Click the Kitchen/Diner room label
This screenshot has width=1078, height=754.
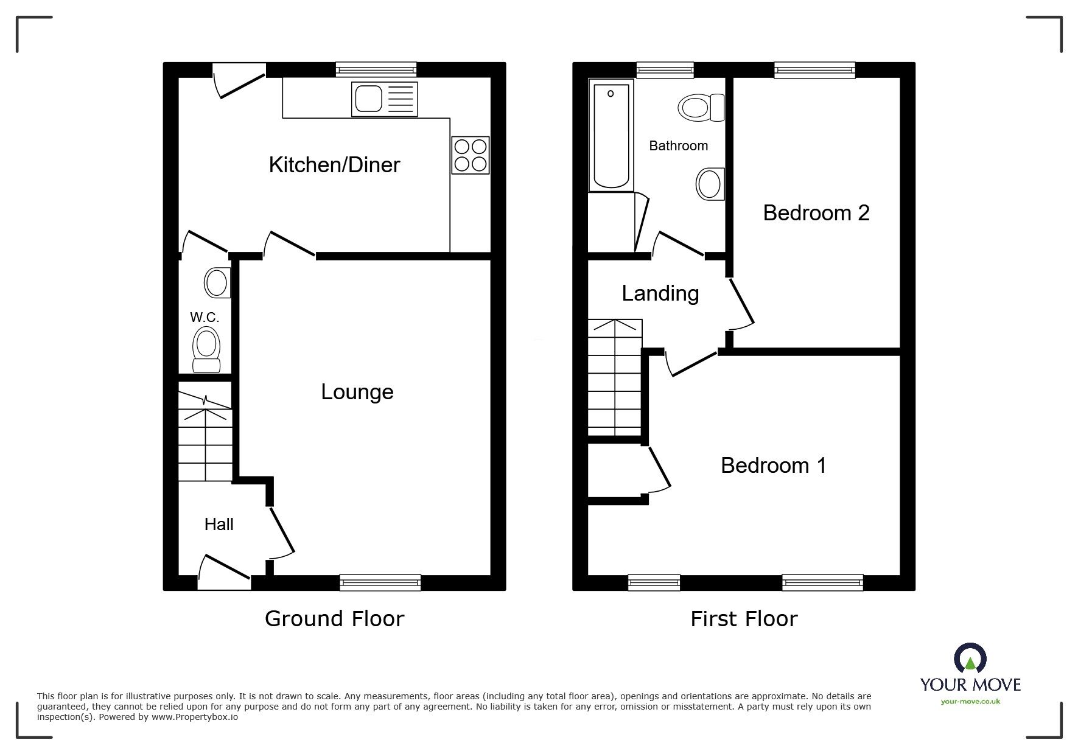pyautogui.click(x=334, y=165)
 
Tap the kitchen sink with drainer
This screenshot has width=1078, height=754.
pyautogui.click(x=384, y=99)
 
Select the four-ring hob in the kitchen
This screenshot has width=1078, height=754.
pyautogui.click(x=470, y=155)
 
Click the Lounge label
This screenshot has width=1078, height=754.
pyautogui.click(x=357, y=392)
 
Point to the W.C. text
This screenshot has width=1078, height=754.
pyautogui.click(x=205, y=318)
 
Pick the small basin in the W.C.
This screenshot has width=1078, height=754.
pyautogui.click(x=217, y=282)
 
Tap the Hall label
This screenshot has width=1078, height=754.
pyautogui.click(x=219, y=525)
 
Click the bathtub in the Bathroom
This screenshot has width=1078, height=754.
pyautogui.click(x=611, y=134)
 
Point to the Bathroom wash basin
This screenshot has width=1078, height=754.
pyautogui.click(x=710, y=183)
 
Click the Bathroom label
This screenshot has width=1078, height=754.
pyautogui.click(x=678, y=146)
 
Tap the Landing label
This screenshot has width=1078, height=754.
pyautogui.click(x=660, y=294)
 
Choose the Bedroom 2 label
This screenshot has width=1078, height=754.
pyautogui.click(x=816, y=213)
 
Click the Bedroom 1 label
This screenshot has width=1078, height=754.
pyautogui.click(x=773, y=466)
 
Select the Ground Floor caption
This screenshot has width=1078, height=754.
pyautogui.click(x=334, y=619)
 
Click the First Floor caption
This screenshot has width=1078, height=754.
pyautogui.click(x=743, y=619)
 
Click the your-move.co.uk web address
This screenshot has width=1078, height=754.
pyautogui.click(x=970, y=702)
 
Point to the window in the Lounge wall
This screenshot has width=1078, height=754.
pyautogui.click(x=380, y=582)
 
